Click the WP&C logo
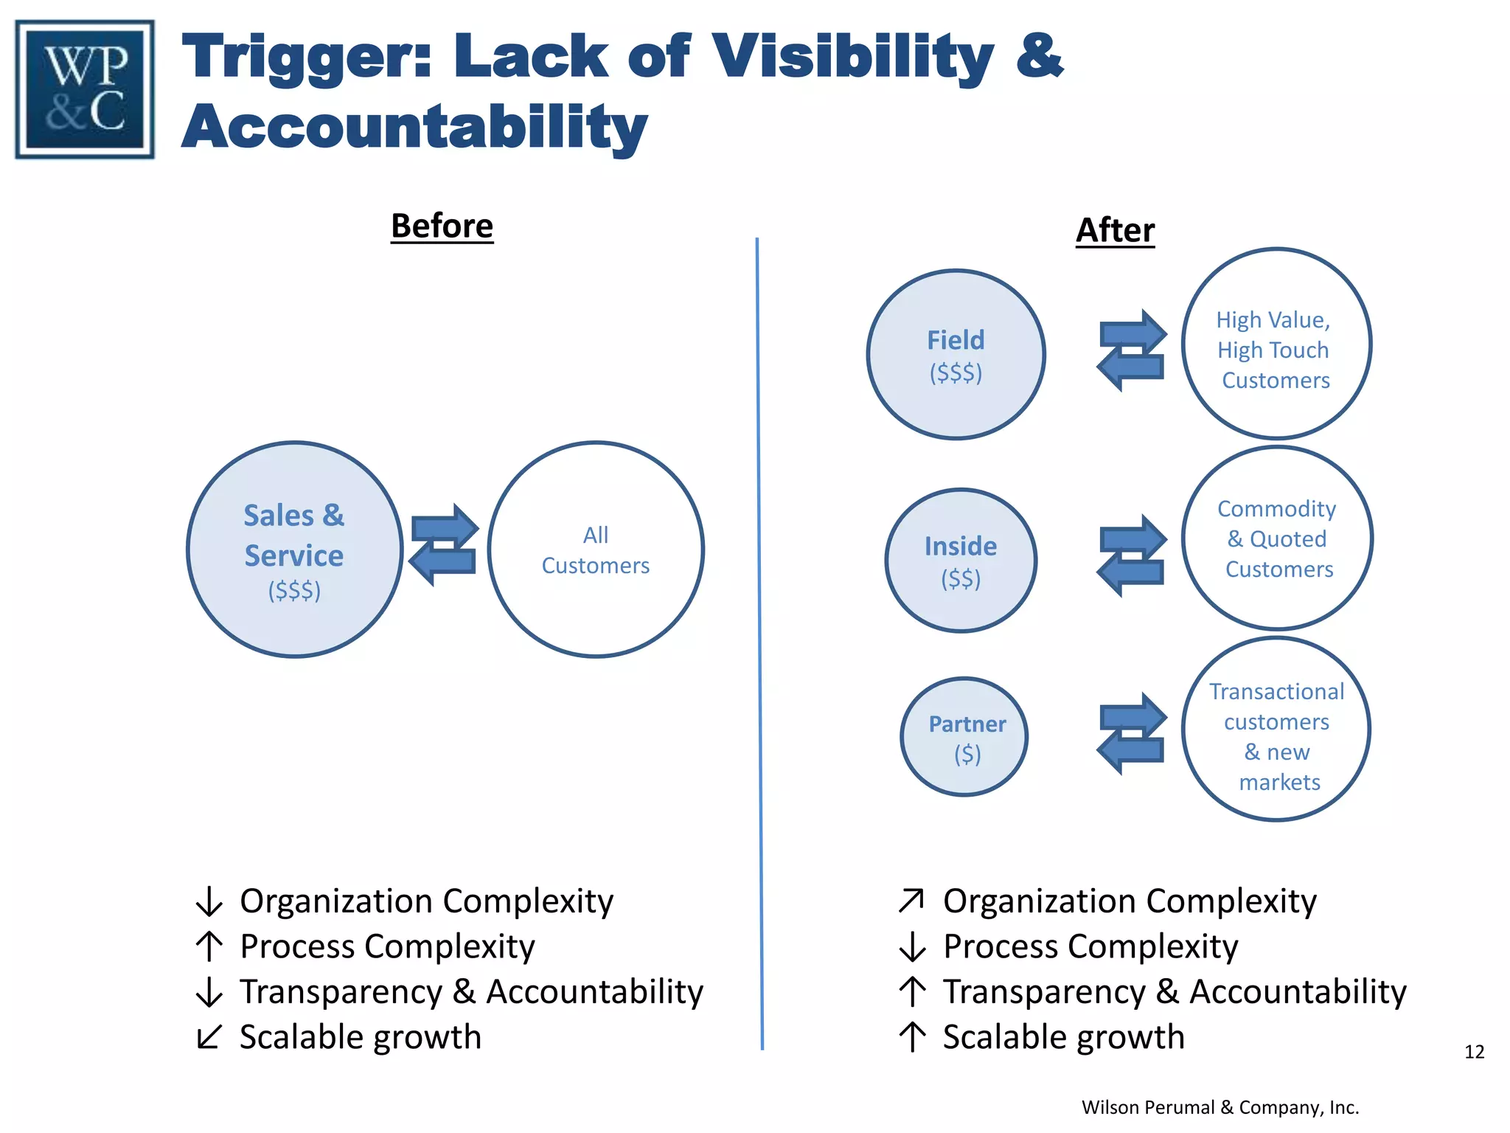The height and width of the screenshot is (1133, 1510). coord(85,89)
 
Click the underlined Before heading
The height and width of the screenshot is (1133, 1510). coord(442,226)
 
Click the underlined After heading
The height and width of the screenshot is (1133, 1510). coord(1115,230)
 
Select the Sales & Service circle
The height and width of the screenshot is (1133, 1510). coord(294,550)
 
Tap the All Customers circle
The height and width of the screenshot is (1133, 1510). coord(596,550)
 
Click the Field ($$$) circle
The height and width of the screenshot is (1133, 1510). coord(956,355)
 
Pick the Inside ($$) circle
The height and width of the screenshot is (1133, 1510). coord(961,561)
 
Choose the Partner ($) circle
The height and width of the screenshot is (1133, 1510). coord(964,737)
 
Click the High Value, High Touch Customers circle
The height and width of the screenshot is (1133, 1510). coord(1276,344)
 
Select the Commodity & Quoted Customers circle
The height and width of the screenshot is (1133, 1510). coord(1277,538)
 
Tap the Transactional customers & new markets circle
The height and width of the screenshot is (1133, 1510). coord(1276,729)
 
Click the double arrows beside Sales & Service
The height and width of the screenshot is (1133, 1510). coord(444,545)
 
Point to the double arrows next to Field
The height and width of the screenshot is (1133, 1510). coord(1132,350)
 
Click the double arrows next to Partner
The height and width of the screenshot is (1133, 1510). coord(1132,733)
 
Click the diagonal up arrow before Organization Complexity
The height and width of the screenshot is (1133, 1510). coord(911,901)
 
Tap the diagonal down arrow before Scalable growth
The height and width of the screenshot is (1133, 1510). coord(209,1036)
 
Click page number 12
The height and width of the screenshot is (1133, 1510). coord(1474,1052)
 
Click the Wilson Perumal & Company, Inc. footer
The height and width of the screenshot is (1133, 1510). coord(1220,1107)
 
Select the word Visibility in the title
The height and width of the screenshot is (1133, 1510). coord(853,58)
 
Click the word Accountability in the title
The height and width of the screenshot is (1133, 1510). coord(414,127)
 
